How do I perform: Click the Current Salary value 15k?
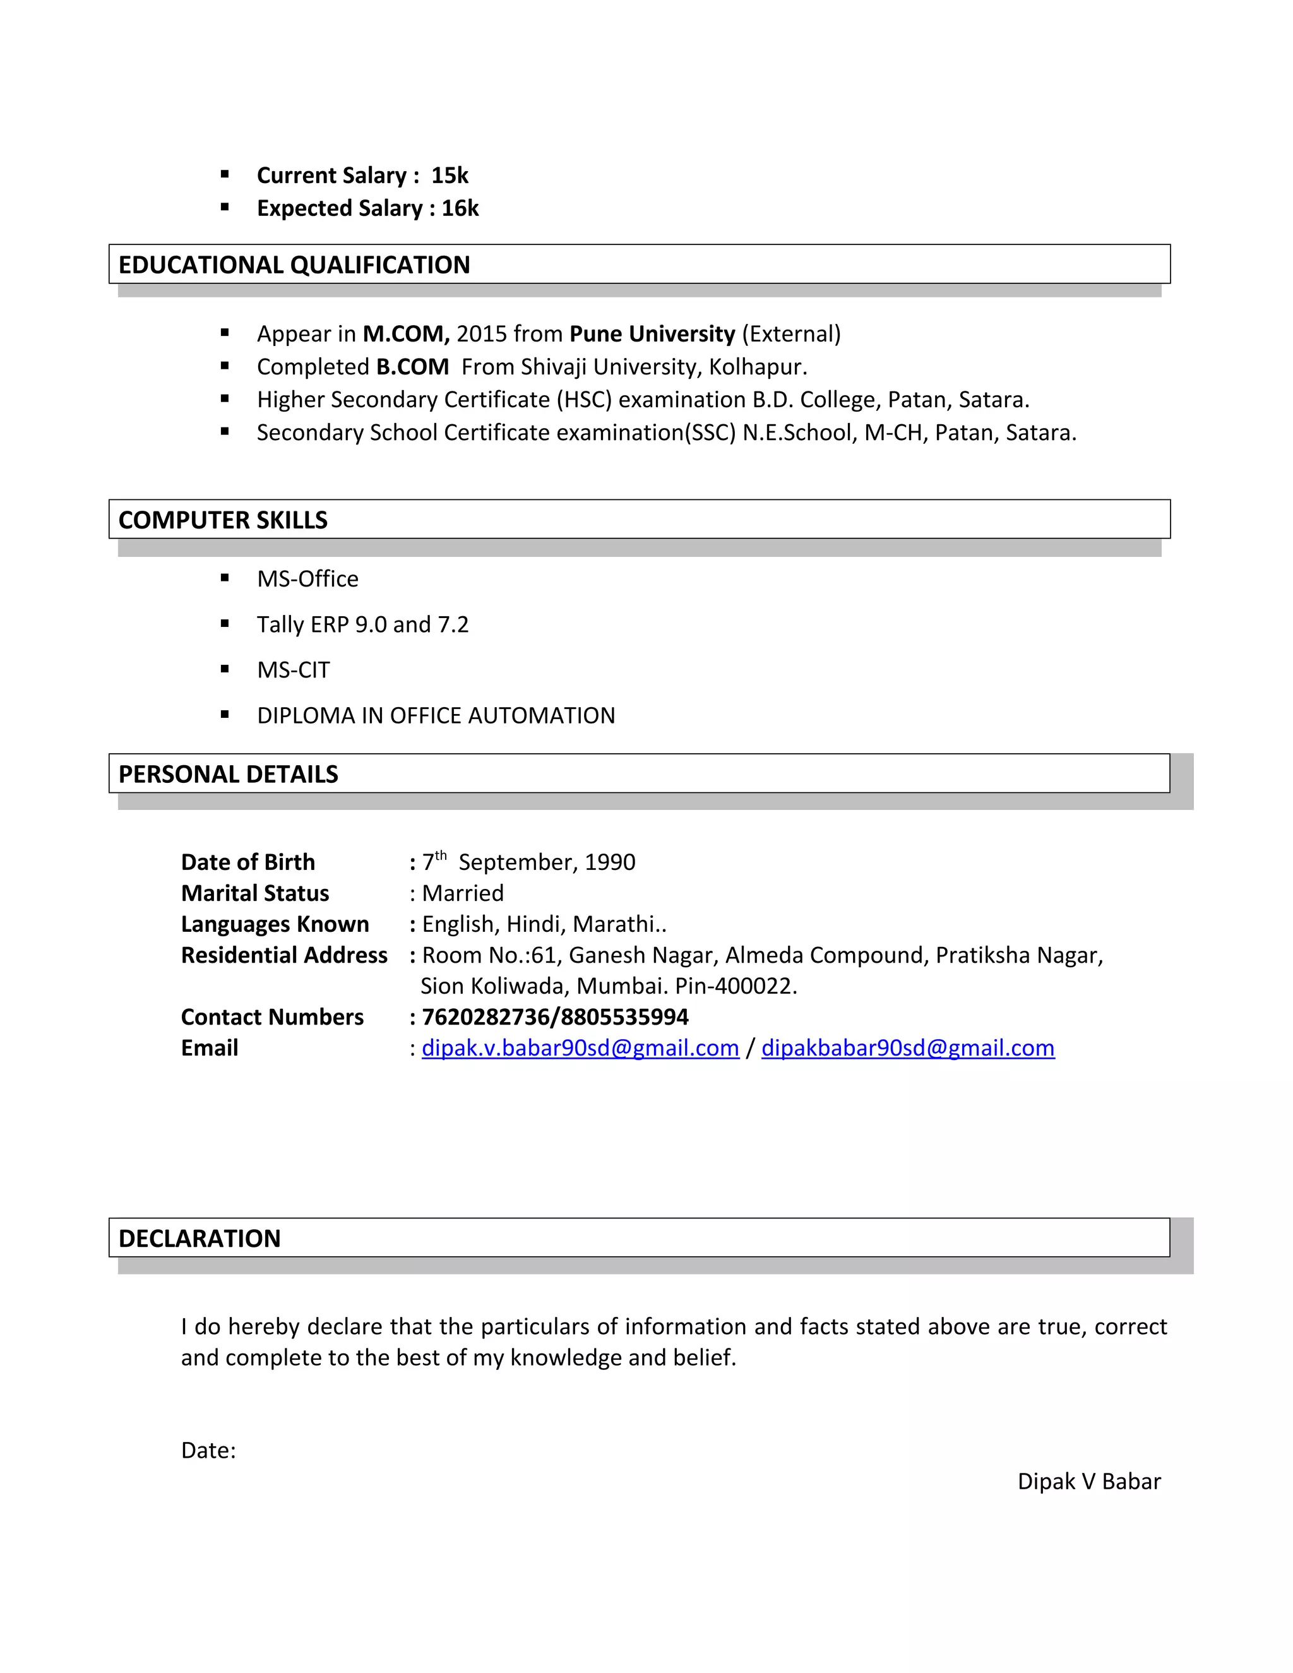[x=450, y=176]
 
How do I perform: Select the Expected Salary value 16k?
[x=460, y=208]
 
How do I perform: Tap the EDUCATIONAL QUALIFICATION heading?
[x=294, y=265]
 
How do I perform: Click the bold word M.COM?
[x=406, y=334]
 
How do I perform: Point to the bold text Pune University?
[x=652, y=334]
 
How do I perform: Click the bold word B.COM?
[x=412, y=367]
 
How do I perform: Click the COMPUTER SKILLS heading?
[x=223, y=520]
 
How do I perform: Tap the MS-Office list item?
[x=307, y=579]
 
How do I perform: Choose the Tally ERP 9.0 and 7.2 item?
[x=362, y=624]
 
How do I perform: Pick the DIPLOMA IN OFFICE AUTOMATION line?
[x=436, y=715]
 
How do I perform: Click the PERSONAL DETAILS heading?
[x=229, y=775]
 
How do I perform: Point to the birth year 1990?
[x=610, y=862]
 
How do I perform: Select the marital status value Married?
[x=463, y=893]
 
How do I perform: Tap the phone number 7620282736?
[x=486, y=1017]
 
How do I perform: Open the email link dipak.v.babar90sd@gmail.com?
[x=580, y=1048]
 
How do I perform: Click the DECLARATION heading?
[x=200, y=1239]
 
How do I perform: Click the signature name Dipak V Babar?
[x=1088, y=1482]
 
